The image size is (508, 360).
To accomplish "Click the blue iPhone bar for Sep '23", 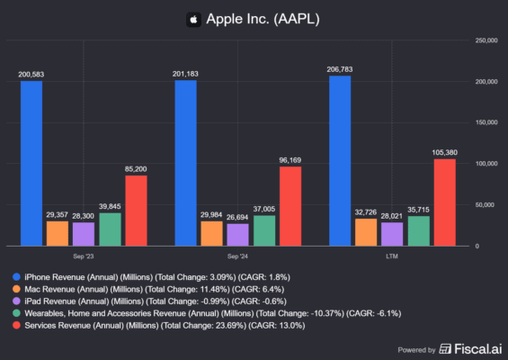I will pos(31,163).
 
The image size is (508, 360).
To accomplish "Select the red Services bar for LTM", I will pos(445,202).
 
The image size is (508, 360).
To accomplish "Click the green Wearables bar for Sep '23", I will pos(109,229).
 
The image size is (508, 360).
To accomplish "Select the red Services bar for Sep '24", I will pos(290,206).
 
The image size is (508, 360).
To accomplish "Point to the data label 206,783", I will pos(341,69).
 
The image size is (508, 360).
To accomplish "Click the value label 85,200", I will pos(136,168).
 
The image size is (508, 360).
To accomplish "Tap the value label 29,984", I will pos(212,214).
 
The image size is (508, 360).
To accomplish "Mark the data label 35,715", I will pos(418,210).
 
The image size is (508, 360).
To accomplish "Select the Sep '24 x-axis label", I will pos(238,256).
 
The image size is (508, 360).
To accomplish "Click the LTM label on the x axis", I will pos(393,256).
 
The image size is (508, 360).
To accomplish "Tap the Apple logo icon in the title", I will pos(192,18).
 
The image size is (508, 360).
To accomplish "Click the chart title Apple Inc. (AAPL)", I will pos(263,18).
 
